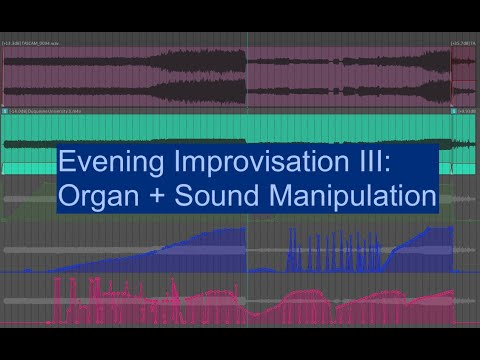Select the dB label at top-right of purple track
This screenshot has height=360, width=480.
tap(463, 44)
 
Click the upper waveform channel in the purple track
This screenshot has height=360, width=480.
tap(200, 66)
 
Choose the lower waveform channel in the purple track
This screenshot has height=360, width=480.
tap(200, 92)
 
